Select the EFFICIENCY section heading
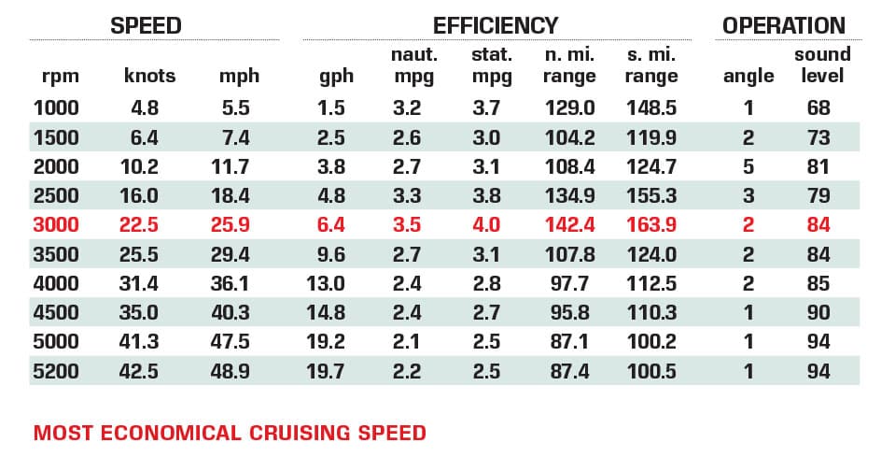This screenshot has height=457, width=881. [496, 25]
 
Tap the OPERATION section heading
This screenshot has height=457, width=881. [783, 25]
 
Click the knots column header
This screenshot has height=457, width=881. [149, 76]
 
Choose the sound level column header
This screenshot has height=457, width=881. [818, 64]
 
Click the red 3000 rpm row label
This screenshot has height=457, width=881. [56, 224]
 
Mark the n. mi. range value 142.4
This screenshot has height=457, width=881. [568, 224]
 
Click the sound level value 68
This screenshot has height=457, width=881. [818, 107]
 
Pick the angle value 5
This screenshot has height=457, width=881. [748, 165]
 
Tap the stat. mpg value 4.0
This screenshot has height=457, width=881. [487, 224]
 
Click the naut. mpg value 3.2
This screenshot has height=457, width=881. [407, 107]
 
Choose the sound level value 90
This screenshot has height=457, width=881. [818, 311]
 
